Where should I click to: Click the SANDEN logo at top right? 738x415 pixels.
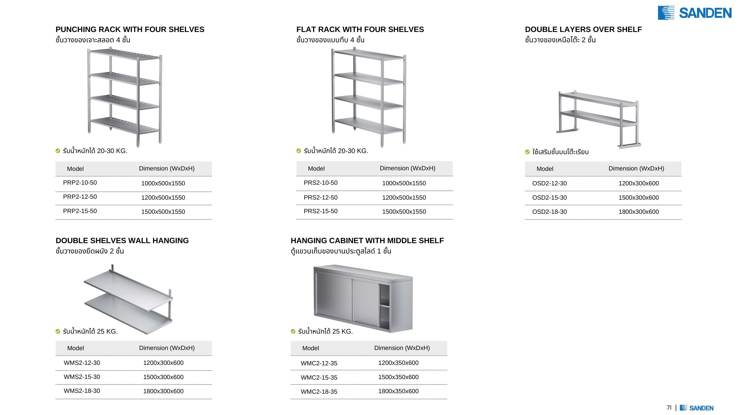694,13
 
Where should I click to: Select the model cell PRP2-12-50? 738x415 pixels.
80,197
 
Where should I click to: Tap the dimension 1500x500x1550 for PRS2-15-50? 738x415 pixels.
404,212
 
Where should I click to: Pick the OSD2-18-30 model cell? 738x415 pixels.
550,212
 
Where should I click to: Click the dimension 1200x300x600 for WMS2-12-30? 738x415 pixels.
163,363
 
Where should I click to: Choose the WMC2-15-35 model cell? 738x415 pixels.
319,377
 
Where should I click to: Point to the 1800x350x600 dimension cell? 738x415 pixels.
398,391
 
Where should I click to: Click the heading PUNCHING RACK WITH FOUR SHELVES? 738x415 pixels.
130,29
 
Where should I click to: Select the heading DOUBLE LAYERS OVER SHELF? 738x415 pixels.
583,29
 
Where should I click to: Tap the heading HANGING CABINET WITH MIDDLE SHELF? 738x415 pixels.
367,241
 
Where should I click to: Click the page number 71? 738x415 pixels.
669,408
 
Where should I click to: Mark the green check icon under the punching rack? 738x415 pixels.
58,151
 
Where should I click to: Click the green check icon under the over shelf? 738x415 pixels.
527,152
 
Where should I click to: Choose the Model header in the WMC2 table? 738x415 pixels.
310,348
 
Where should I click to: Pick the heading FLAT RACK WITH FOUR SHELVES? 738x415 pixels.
360,29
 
